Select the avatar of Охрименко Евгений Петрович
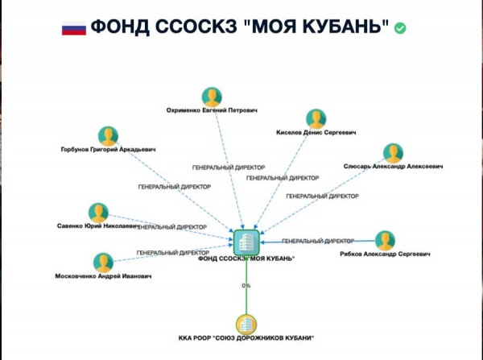[x=212, y=97]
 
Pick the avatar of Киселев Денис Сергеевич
[x=316, y=118]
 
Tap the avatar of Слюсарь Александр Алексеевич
[x=393, y=153]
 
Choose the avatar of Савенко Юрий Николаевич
[x=98, y=213]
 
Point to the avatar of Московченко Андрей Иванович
[x=102, y=263]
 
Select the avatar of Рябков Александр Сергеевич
[x=386, y=241]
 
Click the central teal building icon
[x=246, y=241]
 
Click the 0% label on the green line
[x=246, y=286]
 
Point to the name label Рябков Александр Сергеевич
[x=386, y=254]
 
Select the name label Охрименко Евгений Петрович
[x=212, y=111]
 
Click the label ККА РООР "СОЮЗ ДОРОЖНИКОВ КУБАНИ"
[x=246, y=337]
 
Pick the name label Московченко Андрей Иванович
[x=102, y=276]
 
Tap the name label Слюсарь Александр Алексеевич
[x=394, y=167]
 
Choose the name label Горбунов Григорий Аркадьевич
[x=108, y=149]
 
